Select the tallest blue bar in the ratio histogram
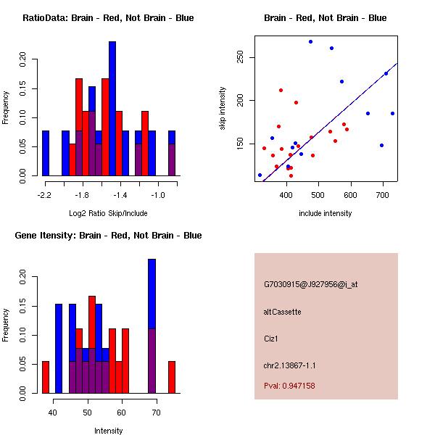(x=112, y=109)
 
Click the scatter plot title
(x=325, y=18)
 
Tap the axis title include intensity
(x=325, y=213)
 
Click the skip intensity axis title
(x=223, y=109)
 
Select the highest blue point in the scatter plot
(x=310, y=42)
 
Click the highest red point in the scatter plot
(x=281, y=91)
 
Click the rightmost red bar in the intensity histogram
(x=172, y=377)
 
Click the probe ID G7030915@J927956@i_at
(x=310, y=284)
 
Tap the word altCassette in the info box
(x=283, y=312)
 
